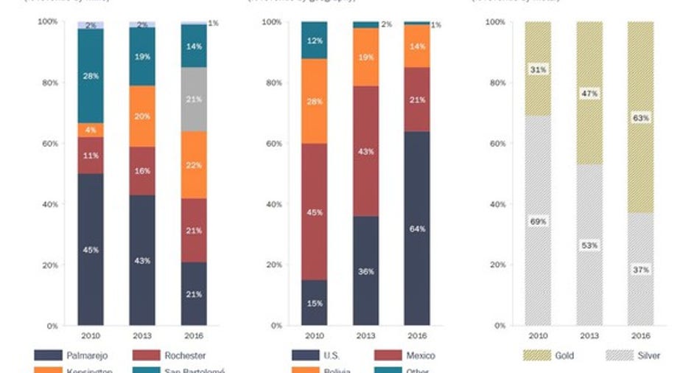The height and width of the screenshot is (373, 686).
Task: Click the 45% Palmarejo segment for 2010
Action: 91,249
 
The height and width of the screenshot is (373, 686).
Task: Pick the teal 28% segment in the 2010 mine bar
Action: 91,76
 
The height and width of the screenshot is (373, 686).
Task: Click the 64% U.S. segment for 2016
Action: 417,228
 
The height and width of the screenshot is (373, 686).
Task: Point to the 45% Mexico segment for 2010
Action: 314,212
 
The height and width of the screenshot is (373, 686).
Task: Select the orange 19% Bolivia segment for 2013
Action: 365,57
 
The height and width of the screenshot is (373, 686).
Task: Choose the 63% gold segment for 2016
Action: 640,118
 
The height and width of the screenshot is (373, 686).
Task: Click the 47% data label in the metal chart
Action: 589,94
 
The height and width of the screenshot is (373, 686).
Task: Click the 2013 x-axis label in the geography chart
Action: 365,335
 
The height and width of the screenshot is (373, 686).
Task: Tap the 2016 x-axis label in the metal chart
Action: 640,335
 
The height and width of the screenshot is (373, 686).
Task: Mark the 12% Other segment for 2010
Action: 314,40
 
